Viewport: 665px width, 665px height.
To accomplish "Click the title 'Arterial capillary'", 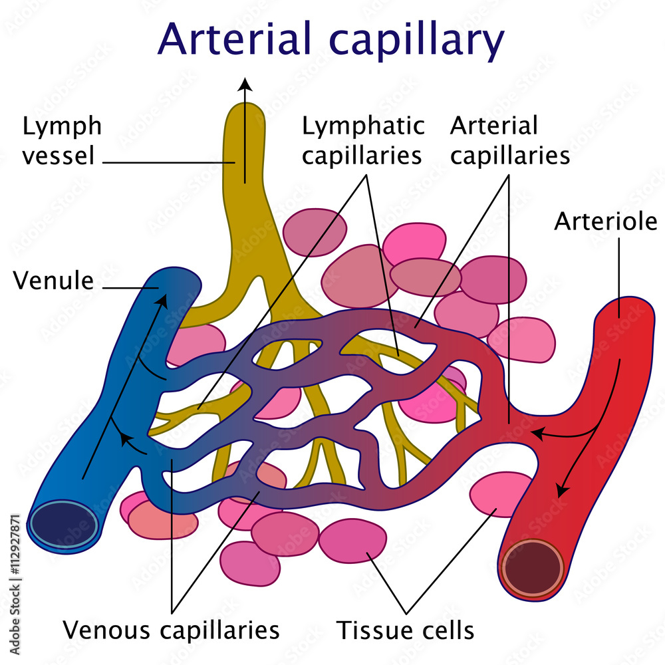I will (x=331, y=40).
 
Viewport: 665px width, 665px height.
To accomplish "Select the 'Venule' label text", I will (x=54, y=281).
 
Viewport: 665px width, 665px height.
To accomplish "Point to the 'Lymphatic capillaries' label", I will (x=362, y=140).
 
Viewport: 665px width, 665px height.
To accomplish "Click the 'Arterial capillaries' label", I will (x=510, y=140).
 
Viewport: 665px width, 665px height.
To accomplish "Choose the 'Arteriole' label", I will (x=605, y=221).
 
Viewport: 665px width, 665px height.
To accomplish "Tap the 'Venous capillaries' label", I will (x=171, y=629).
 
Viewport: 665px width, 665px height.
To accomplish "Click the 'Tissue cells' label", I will (x=406, y=629).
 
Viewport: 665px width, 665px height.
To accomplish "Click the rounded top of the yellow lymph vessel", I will (x=245, y=113).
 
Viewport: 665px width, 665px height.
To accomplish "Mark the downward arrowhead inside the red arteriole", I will (x=562, y=490).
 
